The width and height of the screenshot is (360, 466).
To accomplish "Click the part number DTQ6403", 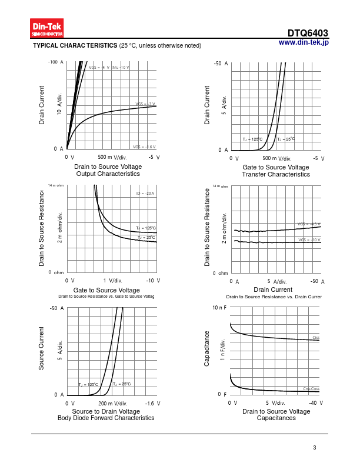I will (308, 34).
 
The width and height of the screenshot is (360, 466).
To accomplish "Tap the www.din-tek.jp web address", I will (304, 42).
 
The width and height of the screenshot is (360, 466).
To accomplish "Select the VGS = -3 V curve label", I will (145, 104).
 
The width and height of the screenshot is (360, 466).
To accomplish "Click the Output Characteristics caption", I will (108, 174).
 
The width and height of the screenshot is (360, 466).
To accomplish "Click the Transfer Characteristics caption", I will (276, 174).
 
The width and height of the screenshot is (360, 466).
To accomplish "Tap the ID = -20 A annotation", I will (145, 193).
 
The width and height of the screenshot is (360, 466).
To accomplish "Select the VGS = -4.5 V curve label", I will (309, 224).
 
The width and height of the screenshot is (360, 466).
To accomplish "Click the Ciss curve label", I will (315, 338).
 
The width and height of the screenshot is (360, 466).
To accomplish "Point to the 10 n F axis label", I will (219, 308).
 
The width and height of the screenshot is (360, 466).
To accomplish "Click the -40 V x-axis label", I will (316, 403).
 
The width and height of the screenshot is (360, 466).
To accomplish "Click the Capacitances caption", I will (276, 418).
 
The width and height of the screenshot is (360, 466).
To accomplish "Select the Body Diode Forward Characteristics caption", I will (106, 418).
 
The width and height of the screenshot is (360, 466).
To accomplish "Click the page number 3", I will (315, 448).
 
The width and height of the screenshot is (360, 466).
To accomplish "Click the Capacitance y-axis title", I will (207, 349).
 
